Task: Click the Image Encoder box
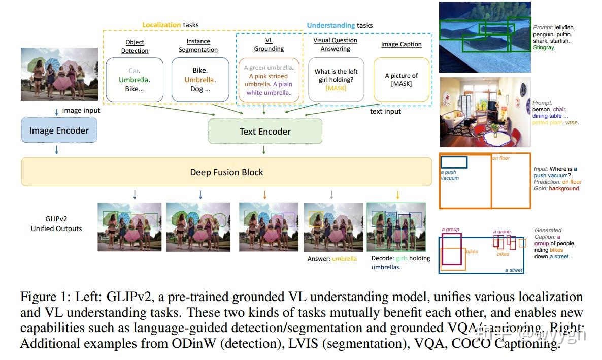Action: pyautogui.click(x=59, y=130)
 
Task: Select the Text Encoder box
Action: pyautogui.click(x=265, y=132)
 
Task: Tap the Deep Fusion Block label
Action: pyautogui.click(x=226, y=172)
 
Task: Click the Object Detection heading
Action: pyautogui.click(x=135, y=46)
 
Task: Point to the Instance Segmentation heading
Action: pyautogui.click(x=198, y=45)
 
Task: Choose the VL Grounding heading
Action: pyautogui.click(x=269, y=45)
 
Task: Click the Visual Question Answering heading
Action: pyautogui.click(x=335, y=44)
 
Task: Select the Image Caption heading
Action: pyautogui.click(x=401, y=44)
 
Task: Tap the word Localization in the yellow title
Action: pyautogui.click(x=161, y=25)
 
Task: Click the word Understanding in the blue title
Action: pyautogui.click(x=330, y=25)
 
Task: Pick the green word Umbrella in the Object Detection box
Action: pyautogui.click(x=135, y=80)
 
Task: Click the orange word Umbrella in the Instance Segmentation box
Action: pyautogui.click(x=199, y=80)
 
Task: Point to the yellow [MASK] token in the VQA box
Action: pyautogui.click(x=336, y=88)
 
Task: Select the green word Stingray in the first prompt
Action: pyautogui.click(x=544, y=47)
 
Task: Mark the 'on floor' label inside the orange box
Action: pyautogui.click(x=501, y=158)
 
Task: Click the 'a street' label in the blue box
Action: pyautogui.click(x=513, y=270)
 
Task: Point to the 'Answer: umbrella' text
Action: pyautogui.click(x=332, y=259)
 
